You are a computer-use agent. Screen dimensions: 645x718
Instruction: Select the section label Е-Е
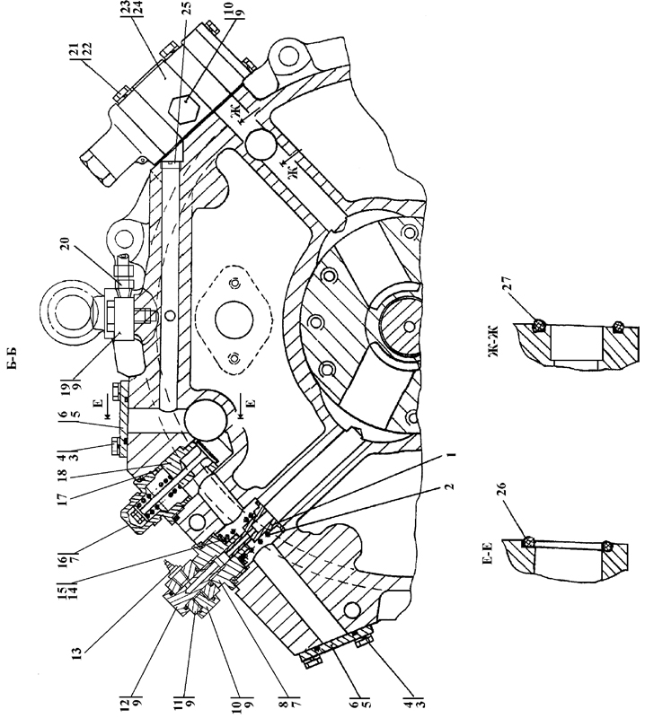point(487,553)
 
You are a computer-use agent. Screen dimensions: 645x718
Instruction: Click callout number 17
point(63,498)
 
